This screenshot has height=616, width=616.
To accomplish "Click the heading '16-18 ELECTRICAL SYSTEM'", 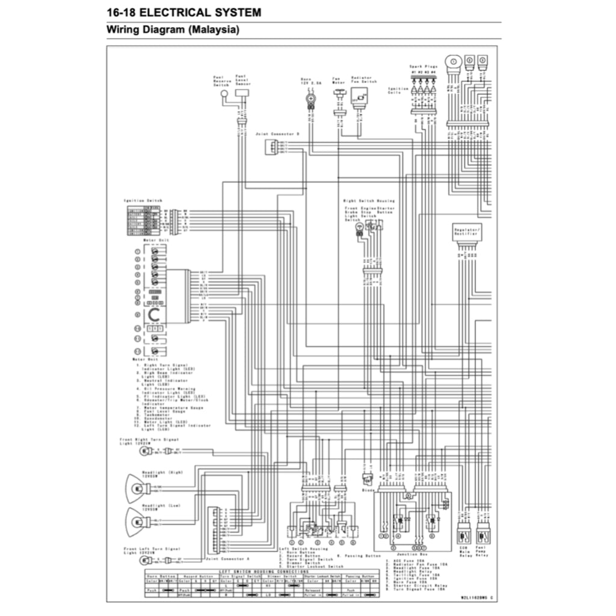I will coord(183,11).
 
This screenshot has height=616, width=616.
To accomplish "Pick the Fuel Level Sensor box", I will coord(242,93).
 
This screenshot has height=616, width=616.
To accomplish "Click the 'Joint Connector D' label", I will coord(277,134).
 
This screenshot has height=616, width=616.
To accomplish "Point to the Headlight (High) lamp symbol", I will coord(138,487).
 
